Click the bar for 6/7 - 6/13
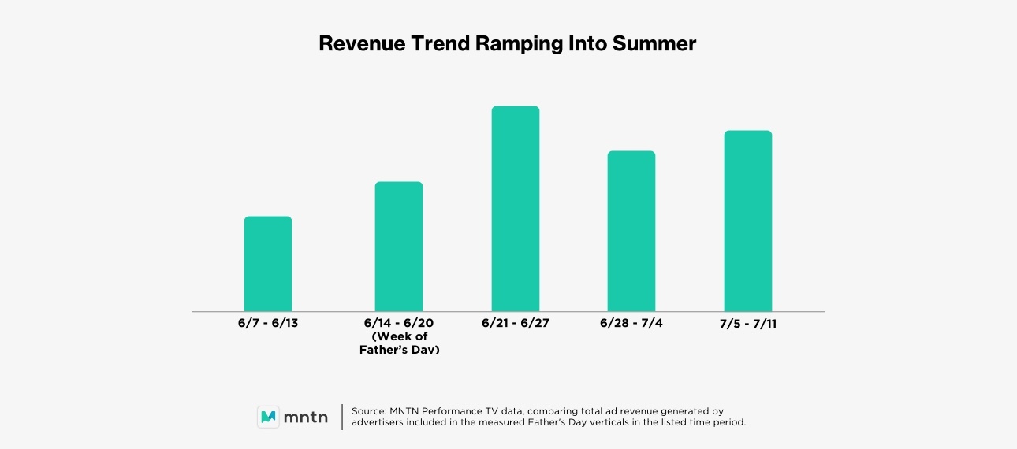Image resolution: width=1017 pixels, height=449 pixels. click(268, 264)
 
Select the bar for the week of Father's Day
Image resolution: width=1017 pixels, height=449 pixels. click(399, 247)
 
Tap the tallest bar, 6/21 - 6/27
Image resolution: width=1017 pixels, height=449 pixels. click(516, 209)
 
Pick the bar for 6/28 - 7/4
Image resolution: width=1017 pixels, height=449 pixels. click(631, 231)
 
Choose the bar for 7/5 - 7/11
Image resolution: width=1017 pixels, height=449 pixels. click(748, 221)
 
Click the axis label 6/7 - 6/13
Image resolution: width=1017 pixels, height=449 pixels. click(268, 324)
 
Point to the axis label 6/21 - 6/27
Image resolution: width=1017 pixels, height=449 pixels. click(516, 324)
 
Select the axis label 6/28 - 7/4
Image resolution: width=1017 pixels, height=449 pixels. click(631, 324)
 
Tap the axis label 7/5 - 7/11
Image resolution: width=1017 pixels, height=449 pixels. click(748, 324)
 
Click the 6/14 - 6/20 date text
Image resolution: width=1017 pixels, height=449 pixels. click(399, 324)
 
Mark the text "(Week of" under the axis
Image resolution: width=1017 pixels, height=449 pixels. click(399, 336)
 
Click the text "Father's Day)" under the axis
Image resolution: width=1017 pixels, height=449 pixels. click(399, 349)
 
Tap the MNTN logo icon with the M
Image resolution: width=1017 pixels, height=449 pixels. click(268, 417)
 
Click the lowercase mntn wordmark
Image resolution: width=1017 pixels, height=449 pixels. click(306, 417)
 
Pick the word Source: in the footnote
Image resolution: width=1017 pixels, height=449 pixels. click(369, 411)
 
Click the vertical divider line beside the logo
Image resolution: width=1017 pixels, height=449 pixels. click(342, 417)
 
